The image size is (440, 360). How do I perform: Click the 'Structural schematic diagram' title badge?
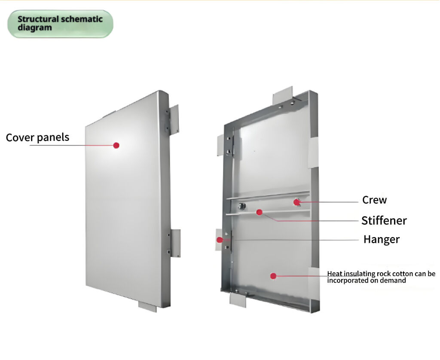[60, 24]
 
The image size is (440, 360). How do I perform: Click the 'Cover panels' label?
[37, 137]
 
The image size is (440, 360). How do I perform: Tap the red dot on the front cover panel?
[116, 145]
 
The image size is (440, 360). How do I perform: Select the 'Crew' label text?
[374, 200]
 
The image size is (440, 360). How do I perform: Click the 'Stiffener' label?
[384, 221]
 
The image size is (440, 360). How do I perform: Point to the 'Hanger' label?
[381, 239]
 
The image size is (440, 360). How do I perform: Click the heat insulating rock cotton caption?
[381, 277]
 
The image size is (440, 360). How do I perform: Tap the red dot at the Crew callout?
[296, 201]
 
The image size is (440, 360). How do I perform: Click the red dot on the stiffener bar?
[259, 212]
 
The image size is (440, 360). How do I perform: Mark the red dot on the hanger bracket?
[220, 240]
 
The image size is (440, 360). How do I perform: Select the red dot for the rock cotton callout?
[273, 276]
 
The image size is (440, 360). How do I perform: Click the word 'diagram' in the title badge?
[35, 28]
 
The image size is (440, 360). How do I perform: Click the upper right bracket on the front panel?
[174, 118]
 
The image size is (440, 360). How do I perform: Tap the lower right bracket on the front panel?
[175, 243]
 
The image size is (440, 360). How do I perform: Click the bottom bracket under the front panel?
[147, 306]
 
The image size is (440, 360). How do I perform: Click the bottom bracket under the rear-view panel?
[238, 299]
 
